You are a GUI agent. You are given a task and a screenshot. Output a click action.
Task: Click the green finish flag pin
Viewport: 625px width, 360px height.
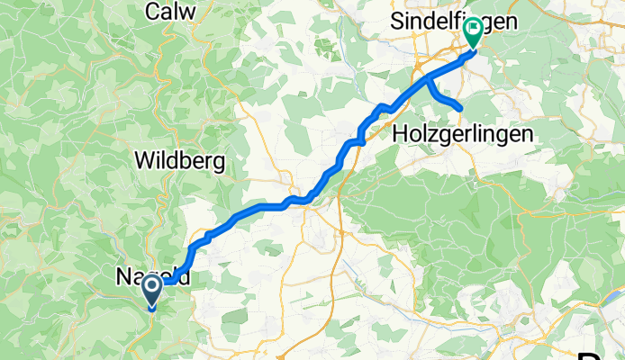[472, 33]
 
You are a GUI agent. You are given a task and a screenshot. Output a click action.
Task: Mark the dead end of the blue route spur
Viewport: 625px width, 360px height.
[461, 110]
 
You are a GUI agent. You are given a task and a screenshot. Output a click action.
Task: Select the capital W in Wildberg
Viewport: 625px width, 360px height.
[143, 161]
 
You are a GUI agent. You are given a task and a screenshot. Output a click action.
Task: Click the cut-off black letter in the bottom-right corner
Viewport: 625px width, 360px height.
[617, 353]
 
